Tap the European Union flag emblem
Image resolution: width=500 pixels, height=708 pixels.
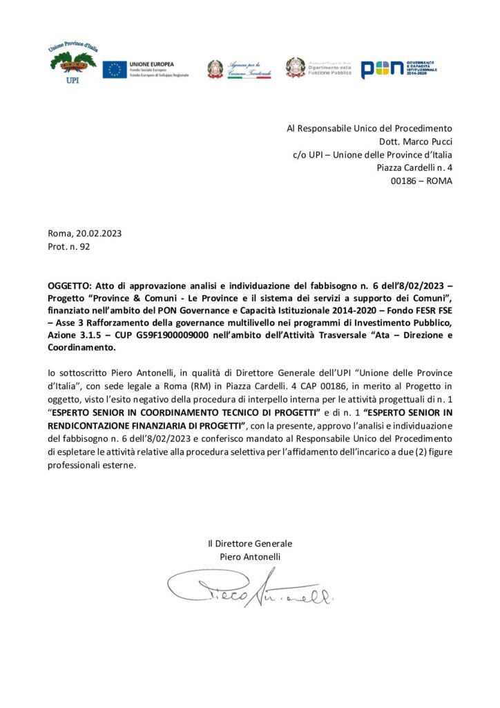tap(115, 69)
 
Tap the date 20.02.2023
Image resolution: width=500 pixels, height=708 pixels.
tap(100, 233)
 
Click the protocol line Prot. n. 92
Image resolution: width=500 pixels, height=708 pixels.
tap(69, 245)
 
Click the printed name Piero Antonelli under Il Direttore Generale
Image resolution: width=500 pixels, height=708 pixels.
tap(250, 557)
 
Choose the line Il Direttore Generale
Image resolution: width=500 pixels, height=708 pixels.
tap(250, 543)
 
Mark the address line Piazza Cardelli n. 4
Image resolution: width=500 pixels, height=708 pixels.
tap(414, 167)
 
